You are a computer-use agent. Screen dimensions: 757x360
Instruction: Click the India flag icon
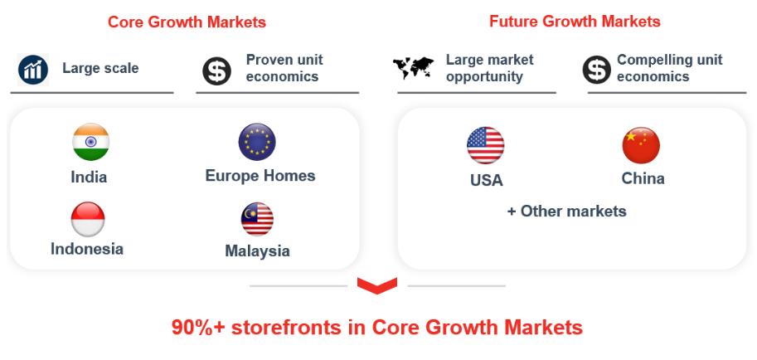click(90, 142)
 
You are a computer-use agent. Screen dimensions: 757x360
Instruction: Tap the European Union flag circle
click(257, 142)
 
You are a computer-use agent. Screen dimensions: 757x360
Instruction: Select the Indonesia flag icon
click(88, 219)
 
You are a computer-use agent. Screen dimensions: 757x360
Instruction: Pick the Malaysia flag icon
click(257, 219)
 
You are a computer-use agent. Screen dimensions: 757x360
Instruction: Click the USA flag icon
click(486, 145)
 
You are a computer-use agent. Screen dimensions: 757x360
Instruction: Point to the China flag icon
click(641, 145)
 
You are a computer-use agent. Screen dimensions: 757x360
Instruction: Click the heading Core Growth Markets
click(187, 22)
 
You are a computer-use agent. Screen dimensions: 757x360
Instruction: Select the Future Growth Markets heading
click(575, 22)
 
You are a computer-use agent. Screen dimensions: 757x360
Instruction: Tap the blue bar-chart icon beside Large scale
click(33, 70)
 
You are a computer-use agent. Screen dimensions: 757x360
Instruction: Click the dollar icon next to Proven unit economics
click(216, 71)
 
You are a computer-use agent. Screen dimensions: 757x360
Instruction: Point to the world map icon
click(413, 68)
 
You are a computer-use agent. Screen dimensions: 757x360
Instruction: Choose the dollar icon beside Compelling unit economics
click(597, 70)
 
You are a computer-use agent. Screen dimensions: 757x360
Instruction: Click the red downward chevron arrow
click(377, 285)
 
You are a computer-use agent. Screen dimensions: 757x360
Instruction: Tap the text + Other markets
click(567, 212)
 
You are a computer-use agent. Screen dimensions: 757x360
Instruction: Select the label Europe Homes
click(260, 175)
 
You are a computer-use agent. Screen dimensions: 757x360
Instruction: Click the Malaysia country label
click(257, 251)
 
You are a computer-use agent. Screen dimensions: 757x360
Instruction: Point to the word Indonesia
click(87, 249)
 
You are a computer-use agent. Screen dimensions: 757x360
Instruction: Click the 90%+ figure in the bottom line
click(199, 328)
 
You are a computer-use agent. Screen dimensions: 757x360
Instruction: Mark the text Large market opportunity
click(489, 68)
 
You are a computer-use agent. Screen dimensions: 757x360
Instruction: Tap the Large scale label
click(100, 68)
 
